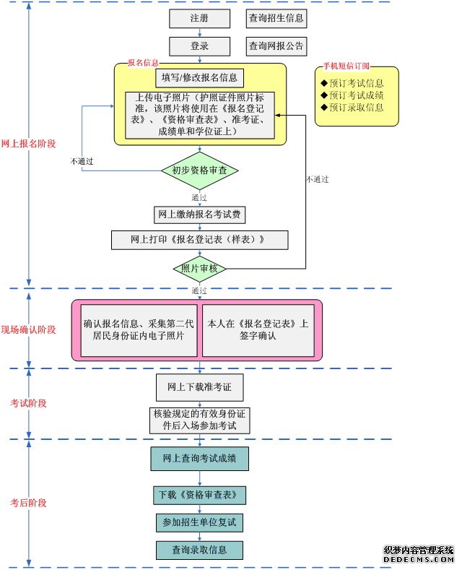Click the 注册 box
[x=199, y=18]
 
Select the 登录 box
[x=199, y=46]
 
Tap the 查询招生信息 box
[x=276, y=18]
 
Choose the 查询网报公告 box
[x=276, y=46]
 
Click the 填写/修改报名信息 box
[x=200, y=77]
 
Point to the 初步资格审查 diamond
[x=200, y=170]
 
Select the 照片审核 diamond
[x=200, y=269]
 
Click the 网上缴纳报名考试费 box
[x=200, y=215]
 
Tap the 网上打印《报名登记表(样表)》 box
[x=200, y=240]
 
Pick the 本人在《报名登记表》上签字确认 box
[x=258, y=329]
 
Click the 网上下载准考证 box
[x=200, y=387]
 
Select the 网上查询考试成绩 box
[x=200, y=458]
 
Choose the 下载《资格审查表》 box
[x=200, y=496]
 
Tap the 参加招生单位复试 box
[x=200, y=522]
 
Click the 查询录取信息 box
[x=200, y=550]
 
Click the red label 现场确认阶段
[x=29, y=329]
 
